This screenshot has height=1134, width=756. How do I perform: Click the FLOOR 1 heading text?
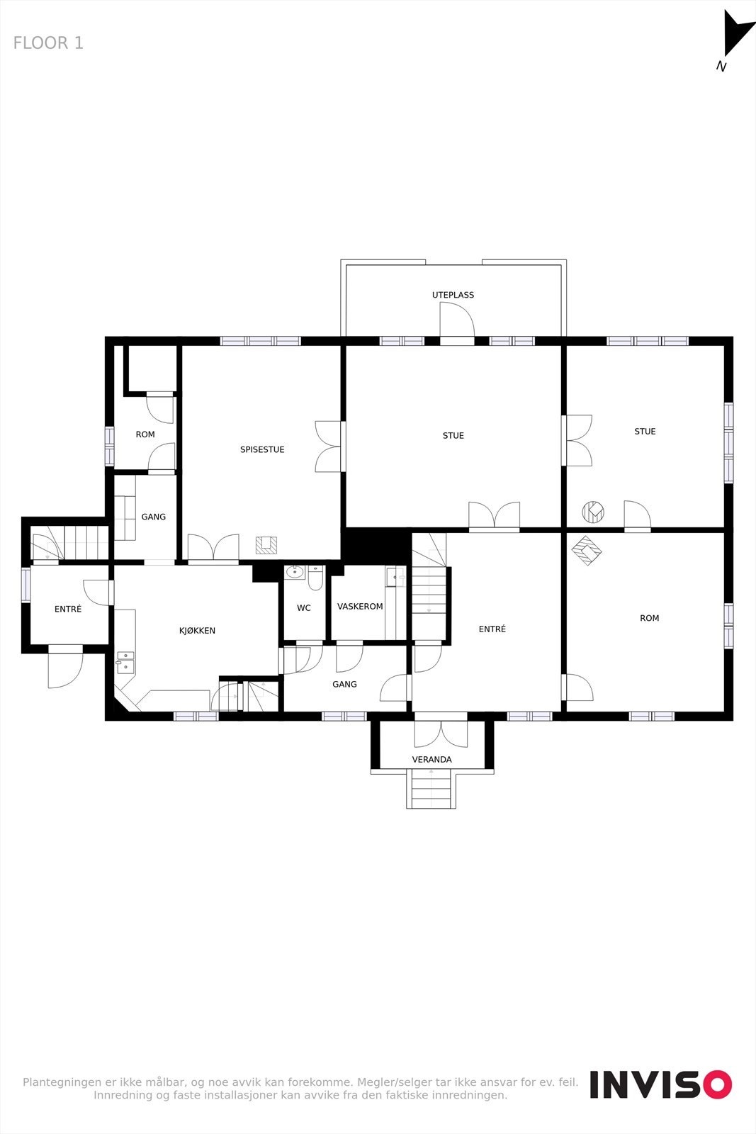coord(48,43)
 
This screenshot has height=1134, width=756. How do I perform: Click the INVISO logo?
coord(660,1085)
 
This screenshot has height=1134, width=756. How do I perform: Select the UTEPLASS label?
coord(453,295)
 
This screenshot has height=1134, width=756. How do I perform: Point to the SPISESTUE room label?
coord(262,449)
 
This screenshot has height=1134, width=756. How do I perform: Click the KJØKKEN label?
coord(197,631)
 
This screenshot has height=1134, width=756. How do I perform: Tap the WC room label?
coord(304,608)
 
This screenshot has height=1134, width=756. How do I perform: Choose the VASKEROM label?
coord(360,607)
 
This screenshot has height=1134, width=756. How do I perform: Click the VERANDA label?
coord(431,760)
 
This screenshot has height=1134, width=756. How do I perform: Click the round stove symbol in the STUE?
coord(592,511)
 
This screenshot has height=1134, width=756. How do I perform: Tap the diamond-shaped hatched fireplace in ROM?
coord(587,550)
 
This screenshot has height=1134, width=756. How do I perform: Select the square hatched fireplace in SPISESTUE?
coord(266,545)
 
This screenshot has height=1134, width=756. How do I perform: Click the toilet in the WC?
coord(315,578)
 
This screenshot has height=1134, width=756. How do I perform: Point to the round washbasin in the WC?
coord(295,572)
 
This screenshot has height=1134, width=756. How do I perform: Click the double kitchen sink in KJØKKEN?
coord(125,661)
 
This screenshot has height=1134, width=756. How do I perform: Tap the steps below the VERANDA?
coord(431,790)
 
